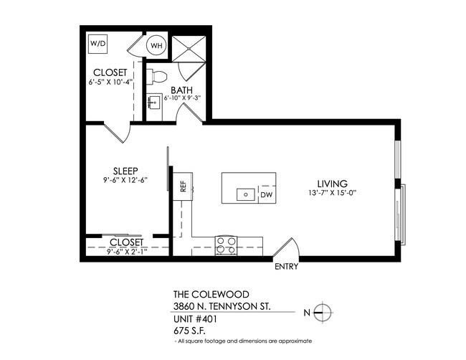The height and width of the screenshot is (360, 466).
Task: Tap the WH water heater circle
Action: click(156, 45)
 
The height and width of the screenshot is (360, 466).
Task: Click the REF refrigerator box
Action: click(183, 187)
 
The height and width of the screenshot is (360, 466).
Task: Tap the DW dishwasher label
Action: click(266, 194)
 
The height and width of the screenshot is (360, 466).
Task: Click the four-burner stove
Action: click(227, 242)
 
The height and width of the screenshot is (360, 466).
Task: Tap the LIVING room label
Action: click(334, 183)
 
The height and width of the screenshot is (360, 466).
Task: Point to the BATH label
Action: click(182, 90)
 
